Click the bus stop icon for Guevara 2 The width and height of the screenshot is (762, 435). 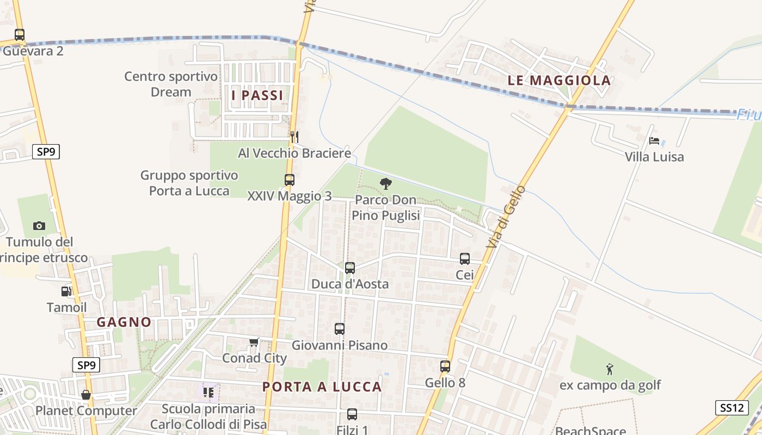tap(20, 35)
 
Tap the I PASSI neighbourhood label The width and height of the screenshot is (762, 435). tap(257, 96)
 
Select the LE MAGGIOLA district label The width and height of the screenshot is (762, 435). tap(559, 80)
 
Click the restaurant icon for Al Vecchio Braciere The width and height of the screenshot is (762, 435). tap(294, 136)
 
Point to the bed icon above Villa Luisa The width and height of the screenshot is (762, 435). tap(654, 141)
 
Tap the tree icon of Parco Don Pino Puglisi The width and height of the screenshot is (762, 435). tap(386, 184)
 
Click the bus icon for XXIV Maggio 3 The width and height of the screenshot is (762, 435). tap(289, 179)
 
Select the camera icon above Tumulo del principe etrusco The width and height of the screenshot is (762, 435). tap(39, 226)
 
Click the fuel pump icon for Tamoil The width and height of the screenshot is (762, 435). tap(66, 291)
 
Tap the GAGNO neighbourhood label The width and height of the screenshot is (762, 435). tap(124, 322)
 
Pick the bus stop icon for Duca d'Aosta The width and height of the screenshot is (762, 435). tap(350, 268)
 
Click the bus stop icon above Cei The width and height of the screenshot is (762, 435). tap(465, 259)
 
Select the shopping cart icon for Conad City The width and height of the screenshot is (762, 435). tap(254, 342)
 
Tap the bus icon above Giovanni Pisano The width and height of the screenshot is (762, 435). tap(340, 328)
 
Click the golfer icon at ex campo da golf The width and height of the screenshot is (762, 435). tap(610, 370)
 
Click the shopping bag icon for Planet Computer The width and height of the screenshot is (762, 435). tap(86, 395)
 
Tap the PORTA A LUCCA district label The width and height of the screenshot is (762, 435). tap(322, 387)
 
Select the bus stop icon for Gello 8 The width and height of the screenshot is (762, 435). tap(445, 366)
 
